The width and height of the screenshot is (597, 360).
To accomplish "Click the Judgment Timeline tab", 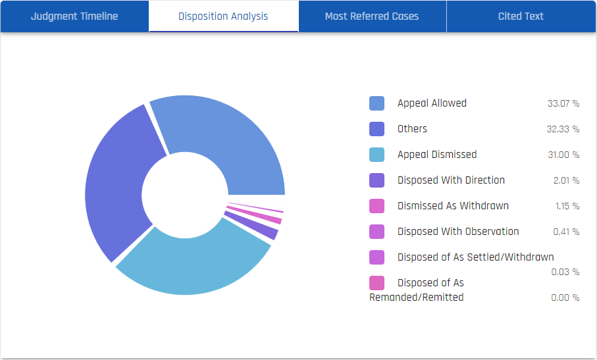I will pyautogui.click(x=74, y=16).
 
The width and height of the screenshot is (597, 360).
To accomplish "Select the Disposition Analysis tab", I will pyautogui.click(x=223, y=16).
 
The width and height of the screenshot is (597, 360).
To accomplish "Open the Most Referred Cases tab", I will pyautogui.click(x=372, y=16).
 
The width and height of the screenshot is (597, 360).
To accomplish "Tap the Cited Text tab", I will pyautogui.click(x=521, y=16).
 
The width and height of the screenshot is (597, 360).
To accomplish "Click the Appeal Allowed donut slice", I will pyautogui.click(x=224, y=138).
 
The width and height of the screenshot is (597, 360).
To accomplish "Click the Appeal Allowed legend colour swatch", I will pyautogui.click(x=376, y=103).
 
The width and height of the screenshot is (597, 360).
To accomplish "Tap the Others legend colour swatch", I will pyautogui.click(x=376, y=129).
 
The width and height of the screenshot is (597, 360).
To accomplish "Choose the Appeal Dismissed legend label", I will pyautogui.click(x=437, y=155).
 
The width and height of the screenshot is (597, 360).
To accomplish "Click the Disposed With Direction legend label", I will pyautogui.click(x=451, y=180).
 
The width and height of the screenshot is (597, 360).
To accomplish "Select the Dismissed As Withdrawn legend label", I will pyautogui.click(x=453, y=206).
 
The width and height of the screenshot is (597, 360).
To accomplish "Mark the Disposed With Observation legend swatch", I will pyautogui.click(x=376, y=232).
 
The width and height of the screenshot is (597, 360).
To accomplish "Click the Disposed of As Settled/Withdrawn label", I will pyautogui.click(x=475, y=257).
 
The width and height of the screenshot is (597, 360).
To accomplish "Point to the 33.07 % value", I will pyautogui.click(x=563, y=104).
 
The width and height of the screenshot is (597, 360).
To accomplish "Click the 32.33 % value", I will pyautogui.click(x=563, y=130).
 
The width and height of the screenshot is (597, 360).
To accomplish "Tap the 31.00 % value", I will pyautogui.click(x=563, y=155).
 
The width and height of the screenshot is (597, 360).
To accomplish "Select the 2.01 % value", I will pyautogui.click(x=566, y=181).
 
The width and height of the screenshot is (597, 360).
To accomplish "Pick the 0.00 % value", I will pyautogui.click(x=565, y=297).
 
